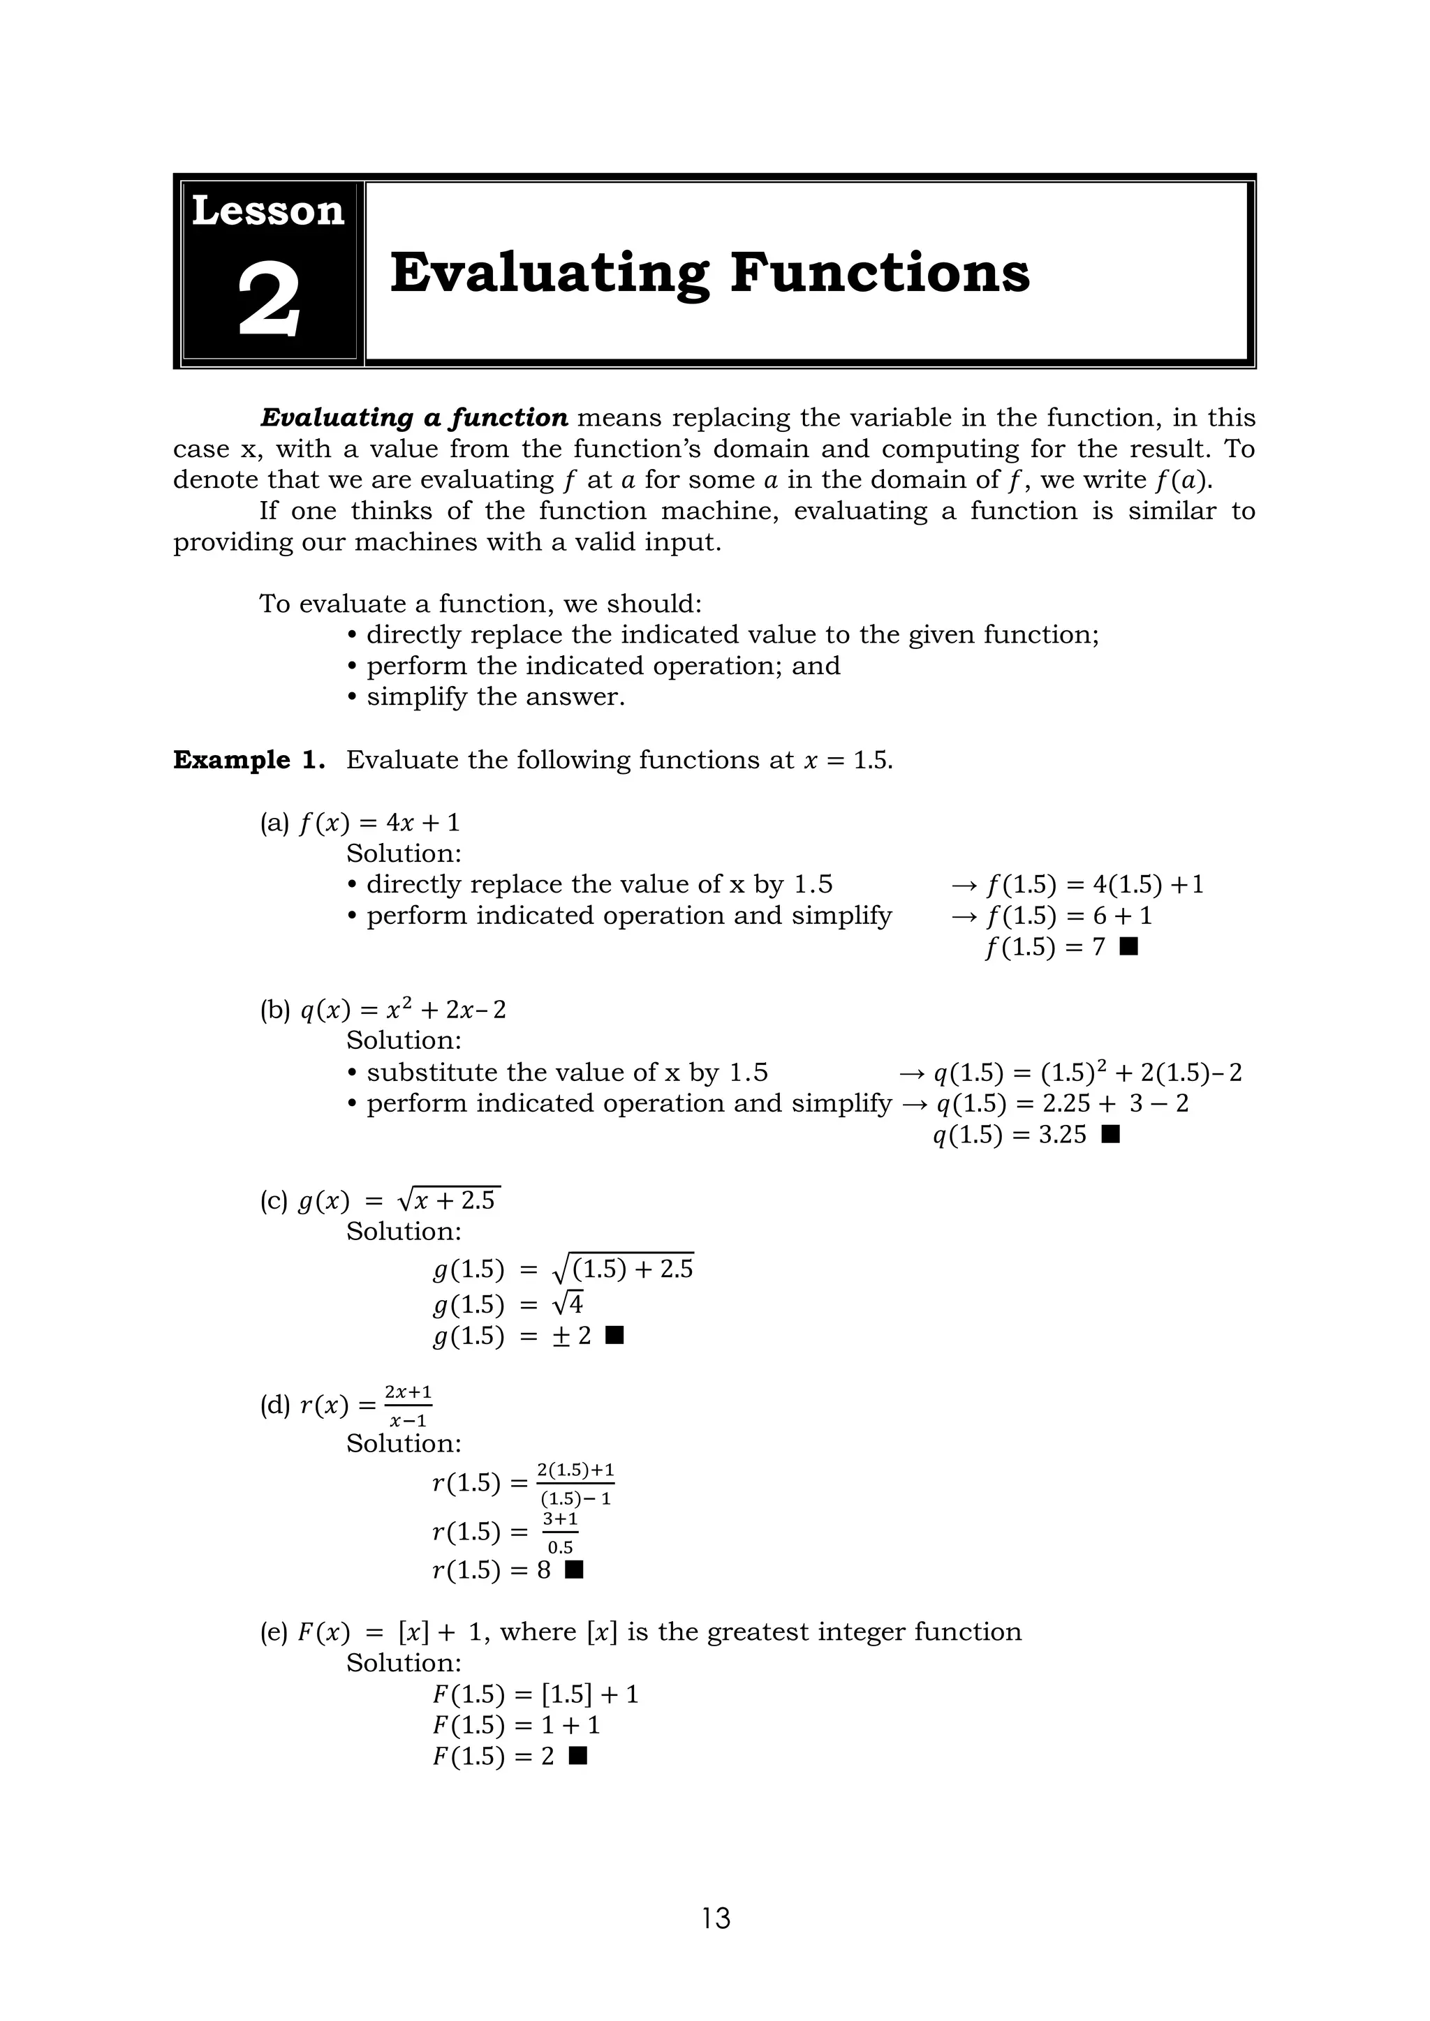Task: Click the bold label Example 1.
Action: (x=249, y=760)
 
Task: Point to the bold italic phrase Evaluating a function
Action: (x=414, y=417)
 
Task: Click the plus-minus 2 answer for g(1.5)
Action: (x=573, y=1336)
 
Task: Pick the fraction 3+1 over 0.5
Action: (x=560, y=1532)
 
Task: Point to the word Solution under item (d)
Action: (x=404, y=1444)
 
